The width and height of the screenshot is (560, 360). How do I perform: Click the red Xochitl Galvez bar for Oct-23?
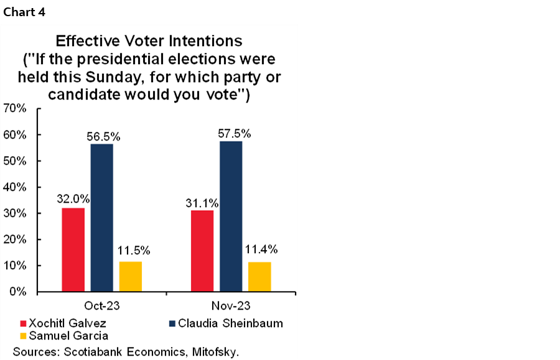(73, 249)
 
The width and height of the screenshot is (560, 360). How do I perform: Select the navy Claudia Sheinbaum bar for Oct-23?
(101, 218)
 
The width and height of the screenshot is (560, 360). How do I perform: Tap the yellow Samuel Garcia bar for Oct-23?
(130, 276)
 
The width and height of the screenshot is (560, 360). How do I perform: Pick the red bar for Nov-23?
(202, 251)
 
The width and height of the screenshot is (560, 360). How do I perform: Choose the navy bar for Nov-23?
(231, 216)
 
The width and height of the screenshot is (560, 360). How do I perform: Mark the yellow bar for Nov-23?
(259, 277)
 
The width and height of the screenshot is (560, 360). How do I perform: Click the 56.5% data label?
(103, 137)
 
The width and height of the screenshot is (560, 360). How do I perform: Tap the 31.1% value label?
(202, 202)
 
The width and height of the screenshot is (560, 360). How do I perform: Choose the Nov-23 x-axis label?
(231, 306)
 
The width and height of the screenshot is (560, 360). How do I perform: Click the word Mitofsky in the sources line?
(213, 351)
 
